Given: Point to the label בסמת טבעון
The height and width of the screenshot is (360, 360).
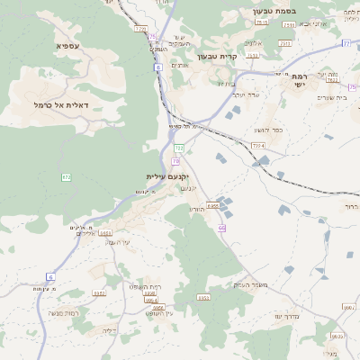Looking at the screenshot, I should pyautogui.click(x=249, y=13).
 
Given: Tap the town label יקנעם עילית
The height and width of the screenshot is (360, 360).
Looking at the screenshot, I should pyautogui.click(x=168, y=176).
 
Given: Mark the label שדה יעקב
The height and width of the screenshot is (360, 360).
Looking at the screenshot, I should pyautogui.click(x=246, y=93).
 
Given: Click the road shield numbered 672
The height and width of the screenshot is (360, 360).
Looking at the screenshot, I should pyautogui.click(x=66, y=177).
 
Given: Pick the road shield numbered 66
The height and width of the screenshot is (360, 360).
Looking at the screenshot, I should pyautogui.click(x=220, y=228).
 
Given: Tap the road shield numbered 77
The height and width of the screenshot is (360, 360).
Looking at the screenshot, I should pyautogui.click(x=346, y=42).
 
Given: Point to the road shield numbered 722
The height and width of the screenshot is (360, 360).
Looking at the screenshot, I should pyautogui.click(x=179, y=147).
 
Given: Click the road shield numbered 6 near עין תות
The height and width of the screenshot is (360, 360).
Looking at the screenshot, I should pyautogui.click(x=50, y=276).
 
